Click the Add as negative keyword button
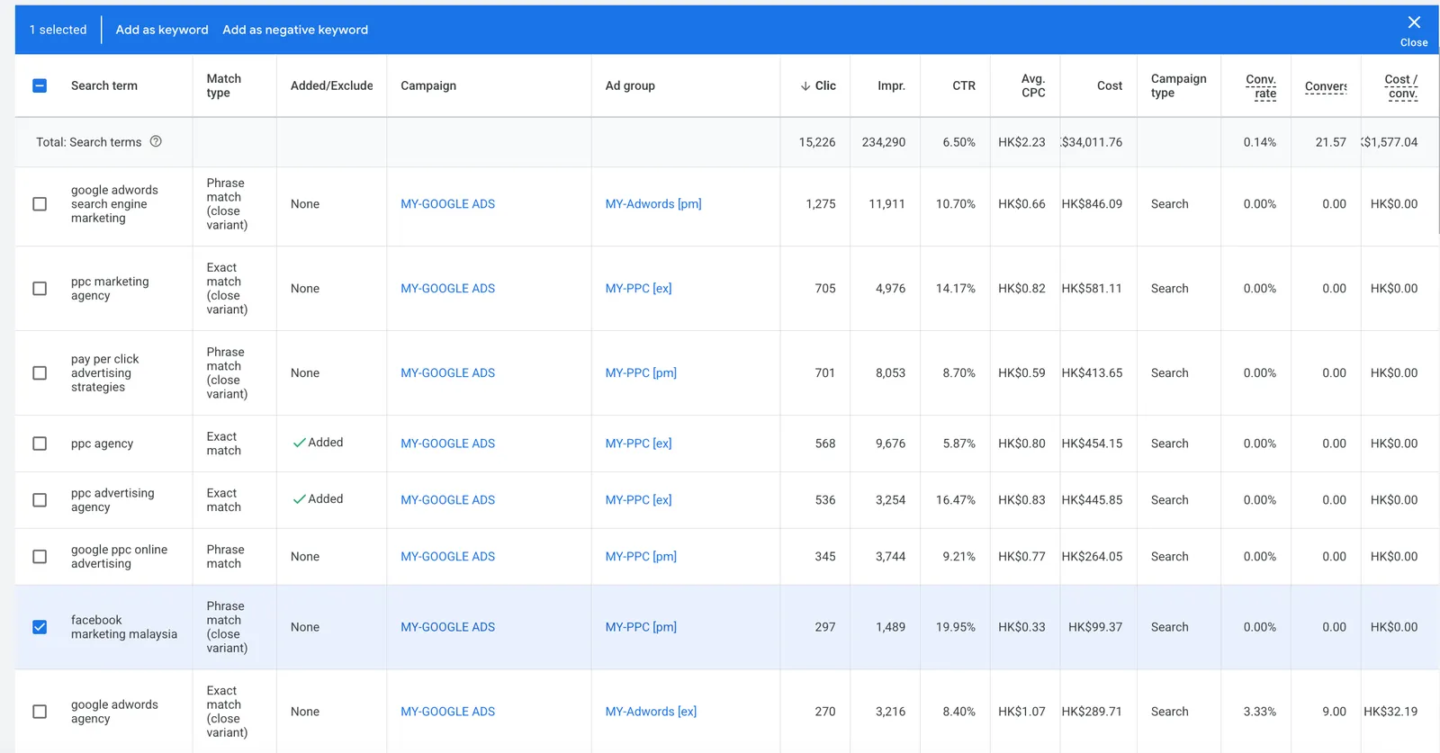[295, 30]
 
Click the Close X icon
[1414, 22]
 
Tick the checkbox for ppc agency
[40, 444]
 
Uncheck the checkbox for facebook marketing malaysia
[40, 627]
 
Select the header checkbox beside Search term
[40, 85]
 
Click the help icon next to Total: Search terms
[156, 141]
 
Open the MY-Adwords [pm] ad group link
[653, 203]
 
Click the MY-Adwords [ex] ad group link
[651, 712]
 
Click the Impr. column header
[891, 85]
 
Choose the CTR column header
[964, 85]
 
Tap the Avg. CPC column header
[1033, 85]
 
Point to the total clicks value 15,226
[817, 142]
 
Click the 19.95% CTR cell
[955, 627]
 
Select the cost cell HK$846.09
[1092, 203]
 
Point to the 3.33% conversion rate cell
[1259, 712]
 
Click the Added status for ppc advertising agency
[318, 499]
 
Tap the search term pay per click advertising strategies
[104, 372]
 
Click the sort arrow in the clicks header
[805, 86]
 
